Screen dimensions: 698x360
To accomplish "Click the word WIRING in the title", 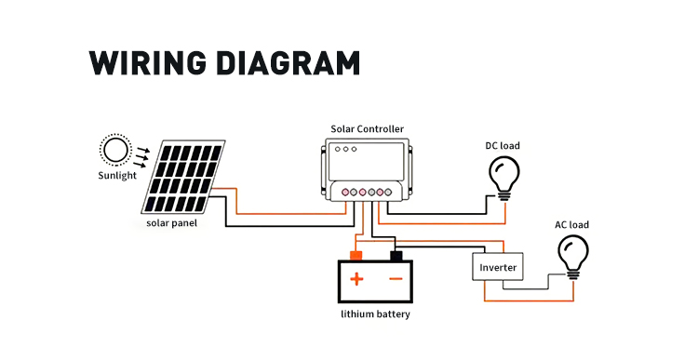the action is click(147, 62).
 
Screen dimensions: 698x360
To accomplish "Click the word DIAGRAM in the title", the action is click(288, 62).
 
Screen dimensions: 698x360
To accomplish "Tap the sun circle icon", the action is click(115, 150).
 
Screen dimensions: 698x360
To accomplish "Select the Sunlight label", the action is click(117, 175).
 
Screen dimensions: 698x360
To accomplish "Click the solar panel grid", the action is click(183, 177).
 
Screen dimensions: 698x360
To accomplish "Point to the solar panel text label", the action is click(171, 222).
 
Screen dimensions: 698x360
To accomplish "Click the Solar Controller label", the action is click(368, 129).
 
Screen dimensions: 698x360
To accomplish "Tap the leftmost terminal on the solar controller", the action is click(345, 193).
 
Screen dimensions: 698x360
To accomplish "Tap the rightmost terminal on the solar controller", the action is click(388, 193).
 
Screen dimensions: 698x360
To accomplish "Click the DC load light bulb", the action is click(503, 179).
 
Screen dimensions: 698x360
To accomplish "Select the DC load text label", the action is click(503, 145).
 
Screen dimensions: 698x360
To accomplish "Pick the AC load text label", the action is click(571, 225).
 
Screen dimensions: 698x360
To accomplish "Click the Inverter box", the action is click(498, 267).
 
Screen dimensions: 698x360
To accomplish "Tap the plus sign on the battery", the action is click(356, 279).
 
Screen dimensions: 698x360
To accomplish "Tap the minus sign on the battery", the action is click(396, 279).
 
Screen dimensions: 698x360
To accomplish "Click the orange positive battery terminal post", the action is click(356, 256).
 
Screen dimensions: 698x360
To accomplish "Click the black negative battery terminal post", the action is click(396, 256).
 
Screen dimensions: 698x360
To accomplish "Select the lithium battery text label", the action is click(375, 314).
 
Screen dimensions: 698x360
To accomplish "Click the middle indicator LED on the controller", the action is click(345, 149).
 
